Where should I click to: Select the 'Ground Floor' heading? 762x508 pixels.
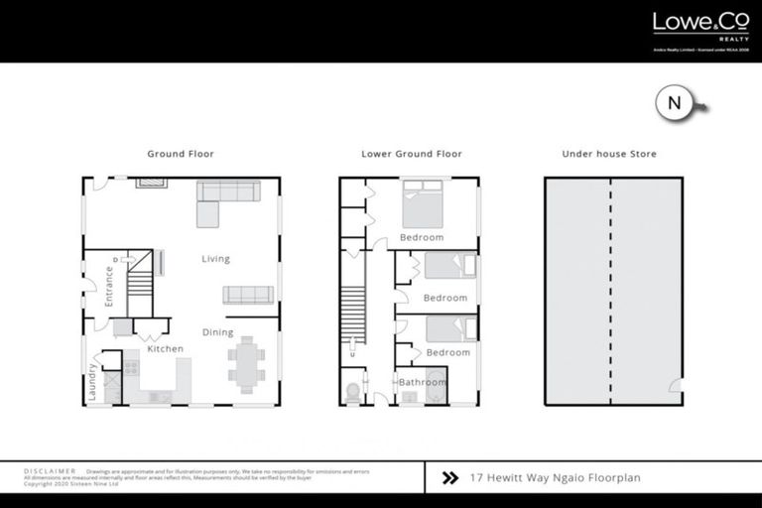click(x=181, y=154)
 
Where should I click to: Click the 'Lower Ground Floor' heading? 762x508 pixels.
click(x=411, y=154)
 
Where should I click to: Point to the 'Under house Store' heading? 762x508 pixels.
click(x=609, y=154)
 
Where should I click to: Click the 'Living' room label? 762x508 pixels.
click(x=215, y=259)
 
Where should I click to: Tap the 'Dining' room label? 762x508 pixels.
click(x=218, y=332)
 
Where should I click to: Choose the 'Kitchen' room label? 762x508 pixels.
click(x=166, y=349)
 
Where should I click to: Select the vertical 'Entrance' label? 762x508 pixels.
click(x=109, y=285)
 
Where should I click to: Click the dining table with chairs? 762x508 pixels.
click(x=245, y=363)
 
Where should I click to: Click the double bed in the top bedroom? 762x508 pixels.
click(x=423, y=203)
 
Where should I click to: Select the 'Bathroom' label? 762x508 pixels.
click(x=423, y=382)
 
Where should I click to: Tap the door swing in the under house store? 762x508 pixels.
click(x=675, y=386)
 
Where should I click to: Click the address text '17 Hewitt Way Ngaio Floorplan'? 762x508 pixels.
click(x=555, y=478)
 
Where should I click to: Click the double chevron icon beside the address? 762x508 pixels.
click(x=449, y=478)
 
